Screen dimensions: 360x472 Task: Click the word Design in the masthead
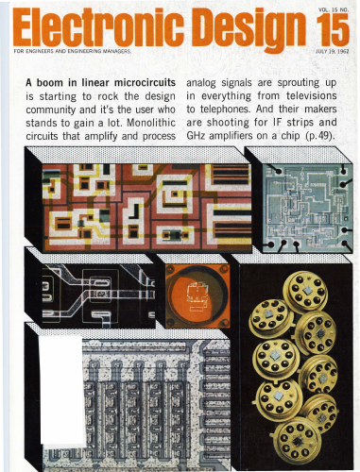[249, 30]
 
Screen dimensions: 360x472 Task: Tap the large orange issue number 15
[333, 29]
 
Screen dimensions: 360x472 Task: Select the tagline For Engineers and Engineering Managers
[72, 51]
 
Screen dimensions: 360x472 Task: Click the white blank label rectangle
[61, 390]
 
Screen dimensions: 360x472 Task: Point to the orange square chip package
[197, 295]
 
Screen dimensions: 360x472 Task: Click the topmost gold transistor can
[304, 290]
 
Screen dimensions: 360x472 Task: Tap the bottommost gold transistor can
[296, 441]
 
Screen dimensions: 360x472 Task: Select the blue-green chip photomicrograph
[304, 209]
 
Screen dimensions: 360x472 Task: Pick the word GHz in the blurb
[196, 136]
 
